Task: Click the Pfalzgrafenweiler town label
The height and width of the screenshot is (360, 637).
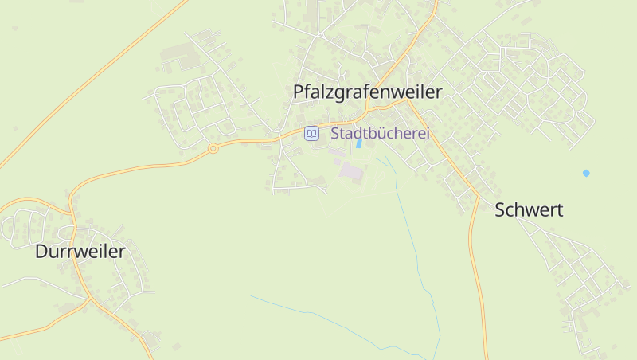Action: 367,92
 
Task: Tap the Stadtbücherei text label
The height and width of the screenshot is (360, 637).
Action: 380,134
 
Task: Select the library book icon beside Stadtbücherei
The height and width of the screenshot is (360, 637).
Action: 312,134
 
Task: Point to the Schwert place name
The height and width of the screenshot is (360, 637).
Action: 529,210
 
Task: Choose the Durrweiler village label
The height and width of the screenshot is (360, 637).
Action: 80,252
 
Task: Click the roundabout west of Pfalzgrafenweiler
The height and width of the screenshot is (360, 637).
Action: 213,148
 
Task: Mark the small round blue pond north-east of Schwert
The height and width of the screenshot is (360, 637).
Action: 587,173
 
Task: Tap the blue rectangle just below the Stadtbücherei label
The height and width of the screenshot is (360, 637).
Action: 358,145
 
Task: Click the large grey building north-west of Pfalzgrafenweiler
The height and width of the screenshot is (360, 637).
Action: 178,58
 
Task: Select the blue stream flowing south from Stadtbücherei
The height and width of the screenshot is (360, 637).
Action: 414,239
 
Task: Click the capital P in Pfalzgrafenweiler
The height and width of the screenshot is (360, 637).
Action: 299,92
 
